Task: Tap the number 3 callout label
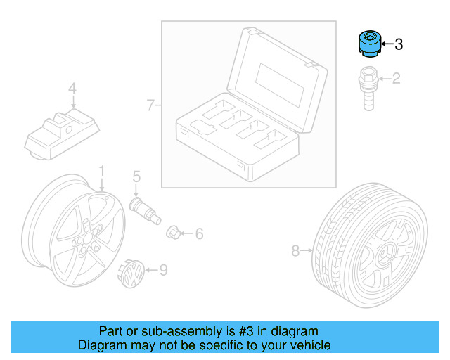pos(399,45)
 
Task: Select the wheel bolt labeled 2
pos(366,87)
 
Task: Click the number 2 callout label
pos(396,78)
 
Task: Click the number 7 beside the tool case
pos(150,105)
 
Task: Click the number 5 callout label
pos(136,176)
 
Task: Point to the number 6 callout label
pos(199,233)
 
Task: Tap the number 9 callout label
pos(162,269)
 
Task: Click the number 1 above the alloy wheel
pos(101,171)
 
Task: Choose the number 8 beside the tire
pos(295,250)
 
